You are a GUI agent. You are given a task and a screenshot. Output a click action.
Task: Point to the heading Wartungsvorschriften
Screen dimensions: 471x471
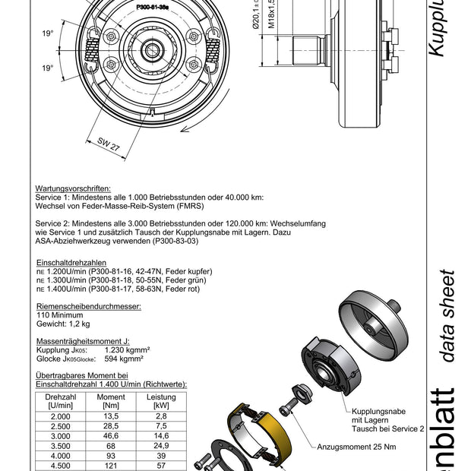(x=73, y=188)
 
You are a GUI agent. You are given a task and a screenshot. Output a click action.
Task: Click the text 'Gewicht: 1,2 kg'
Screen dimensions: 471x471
(x=63, y=322)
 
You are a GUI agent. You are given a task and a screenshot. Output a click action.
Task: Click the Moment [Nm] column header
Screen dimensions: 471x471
(x=112, y=401)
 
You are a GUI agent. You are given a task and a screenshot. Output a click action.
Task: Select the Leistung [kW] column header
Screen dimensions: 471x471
(x=160, y=401)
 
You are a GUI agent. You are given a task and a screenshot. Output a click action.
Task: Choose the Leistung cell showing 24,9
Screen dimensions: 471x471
(x=160, y=446)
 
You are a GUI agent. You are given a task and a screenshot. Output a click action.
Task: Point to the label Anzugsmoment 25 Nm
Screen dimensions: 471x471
(x=356, y=447)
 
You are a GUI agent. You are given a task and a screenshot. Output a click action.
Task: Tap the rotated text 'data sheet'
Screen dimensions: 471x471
(x=447, y=315)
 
